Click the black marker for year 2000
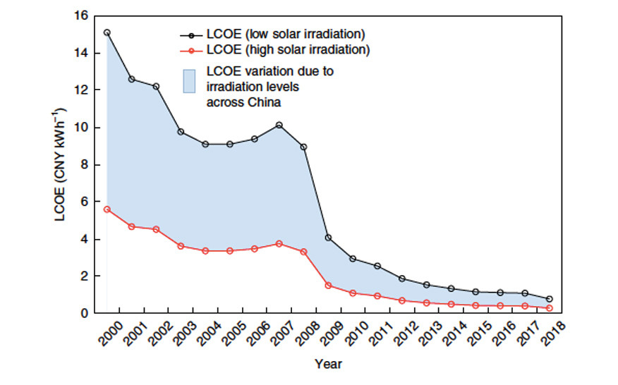click(x=107, y=32)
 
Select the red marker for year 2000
click(x=107, y=209)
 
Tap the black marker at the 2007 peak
click(x=279, y=126)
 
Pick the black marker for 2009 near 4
click(x=329, y=238)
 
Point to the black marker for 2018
click(x=550, y=299)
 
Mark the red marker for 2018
click(x=550, y=308)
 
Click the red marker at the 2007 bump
click(x=279, y=243)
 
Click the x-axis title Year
click(x=329, y=365)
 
